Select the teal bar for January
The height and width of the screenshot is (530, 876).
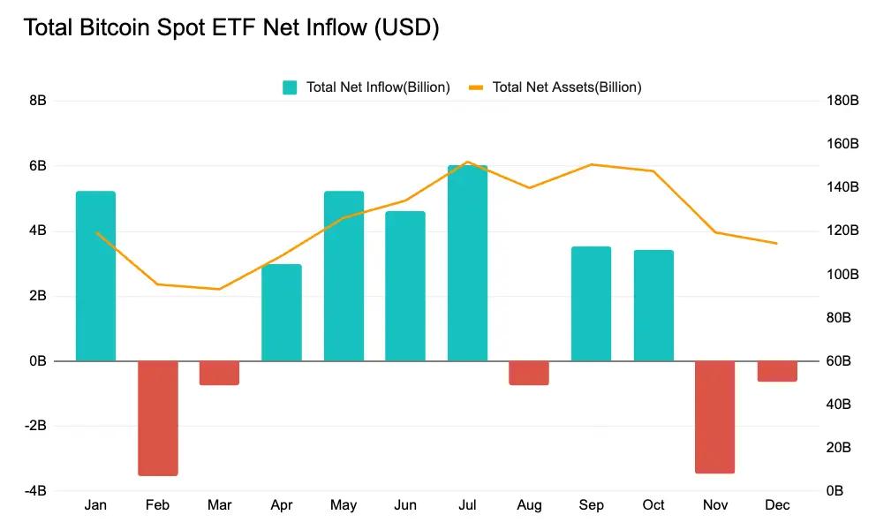click(x=95, y=276)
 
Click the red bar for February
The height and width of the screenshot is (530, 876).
click(x=158, y=418)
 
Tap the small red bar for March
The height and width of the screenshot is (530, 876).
click(x=219, y=373)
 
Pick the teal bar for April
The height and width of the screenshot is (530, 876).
click(x=282, y=313)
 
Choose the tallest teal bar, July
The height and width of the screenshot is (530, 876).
click(x=467, y=263)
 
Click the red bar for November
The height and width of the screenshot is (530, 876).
click(x=715, y=417)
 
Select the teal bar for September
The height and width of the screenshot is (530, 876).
click(x=591, y=304)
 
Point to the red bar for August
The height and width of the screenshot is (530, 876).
click(x=529, y=373)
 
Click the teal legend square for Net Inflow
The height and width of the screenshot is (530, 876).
click(x=290, y=87)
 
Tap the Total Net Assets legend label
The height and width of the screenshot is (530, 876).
click(x=566, y=87)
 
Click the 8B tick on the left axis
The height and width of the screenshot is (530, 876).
click(x=38, y=101)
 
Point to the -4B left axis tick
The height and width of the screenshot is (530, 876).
click(x=34, y=491)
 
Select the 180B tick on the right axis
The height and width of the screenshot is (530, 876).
click(x=842, y=101)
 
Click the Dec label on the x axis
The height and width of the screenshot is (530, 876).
click(x=777, y=505)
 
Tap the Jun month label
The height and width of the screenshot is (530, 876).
click(x=405, y=505)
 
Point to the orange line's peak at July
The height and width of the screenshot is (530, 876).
click(x=467, y=162)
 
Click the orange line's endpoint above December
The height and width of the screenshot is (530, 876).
click(x=777, y=243)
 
